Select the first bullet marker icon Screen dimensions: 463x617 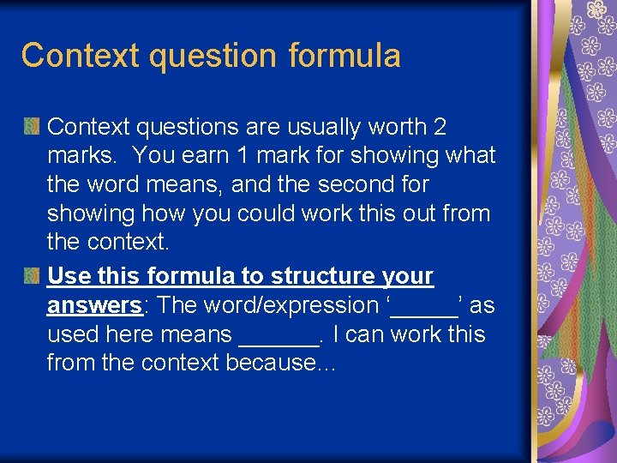[x=32, y=127]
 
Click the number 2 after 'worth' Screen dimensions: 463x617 [x=440, y=127]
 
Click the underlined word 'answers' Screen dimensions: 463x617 [x=93, y=305]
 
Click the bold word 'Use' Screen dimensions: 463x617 [x=69, y=276]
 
